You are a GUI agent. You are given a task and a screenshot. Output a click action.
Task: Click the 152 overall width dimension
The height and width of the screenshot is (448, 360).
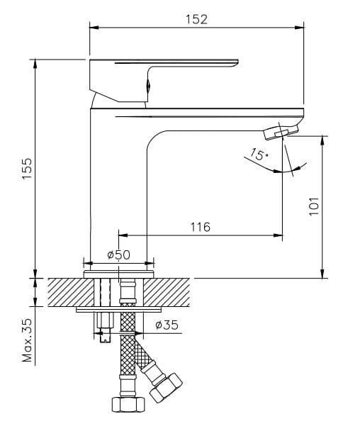(x=196, y=19)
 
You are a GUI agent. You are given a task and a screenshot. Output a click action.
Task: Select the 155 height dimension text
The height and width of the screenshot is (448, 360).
(x=27, y=169)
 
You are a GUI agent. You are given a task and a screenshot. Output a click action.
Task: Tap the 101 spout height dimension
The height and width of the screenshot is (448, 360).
(x=315, y=206)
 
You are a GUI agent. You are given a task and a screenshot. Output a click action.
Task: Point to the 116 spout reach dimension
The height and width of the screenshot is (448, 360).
(x=201, y=227)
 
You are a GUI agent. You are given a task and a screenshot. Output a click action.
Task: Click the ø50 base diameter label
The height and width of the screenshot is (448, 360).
(x=118, y=254)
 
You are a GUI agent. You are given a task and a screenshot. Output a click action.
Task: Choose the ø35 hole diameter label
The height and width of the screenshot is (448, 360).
(x=167, y=325)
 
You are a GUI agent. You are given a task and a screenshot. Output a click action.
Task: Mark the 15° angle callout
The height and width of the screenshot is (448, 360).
(x=259, y=155)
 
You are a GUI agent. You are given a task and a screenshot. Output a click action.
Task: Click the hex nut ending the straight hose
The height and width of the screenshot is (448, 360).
(x=128, y=405)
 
